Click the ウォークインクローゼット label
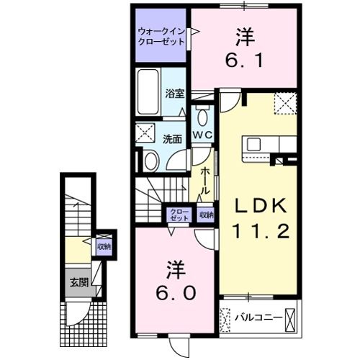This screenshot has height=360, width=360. tap(162, 36)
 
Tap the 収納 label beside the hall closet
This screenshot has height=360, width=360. tap(206, 215)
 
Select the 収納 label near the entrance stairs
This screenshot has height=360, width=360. tap(104, 246)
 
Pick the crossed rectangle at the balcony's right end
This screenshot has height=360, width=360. tap(290, 317)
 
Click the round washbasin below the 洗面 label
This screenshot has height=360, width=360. tap(150, 161)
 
